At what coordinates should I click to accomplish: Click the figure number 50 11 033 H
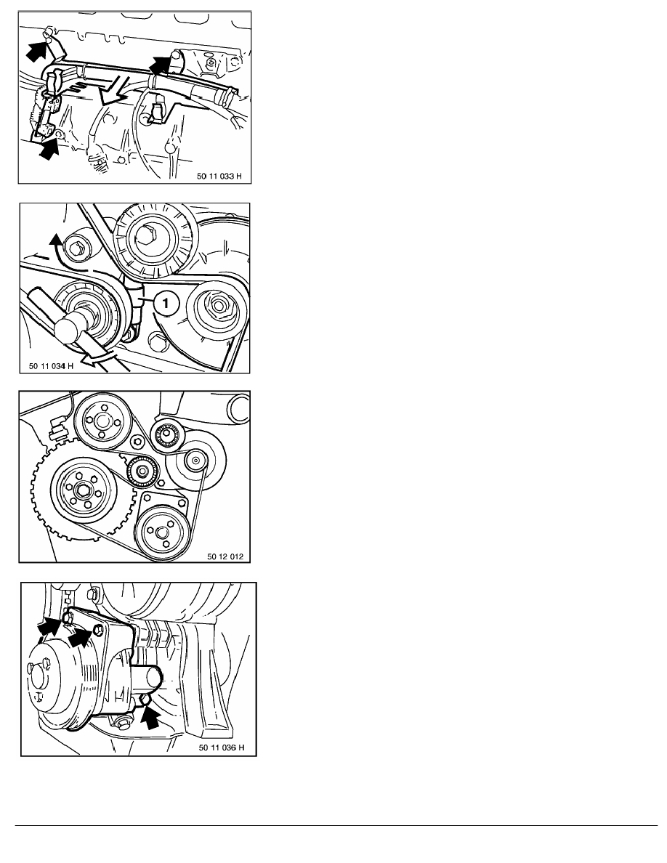(219, 176)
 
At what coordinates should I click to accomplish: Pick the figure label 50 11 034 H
(51, 365)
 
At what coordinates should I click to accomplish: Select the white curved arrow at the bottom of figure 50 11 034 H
(99, 357)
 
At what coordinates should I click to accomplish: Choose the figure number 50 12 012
(225, 556)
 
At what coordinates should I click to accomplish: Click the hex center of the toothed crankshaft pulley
(84, 490)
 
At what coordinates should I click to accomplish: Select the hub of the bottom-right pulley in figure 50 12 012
(161, 532)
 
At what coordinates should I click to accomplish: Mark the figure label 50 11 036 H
(222, 747)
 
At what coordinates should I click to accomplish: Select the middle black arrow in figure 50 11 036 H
(80, 637)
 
